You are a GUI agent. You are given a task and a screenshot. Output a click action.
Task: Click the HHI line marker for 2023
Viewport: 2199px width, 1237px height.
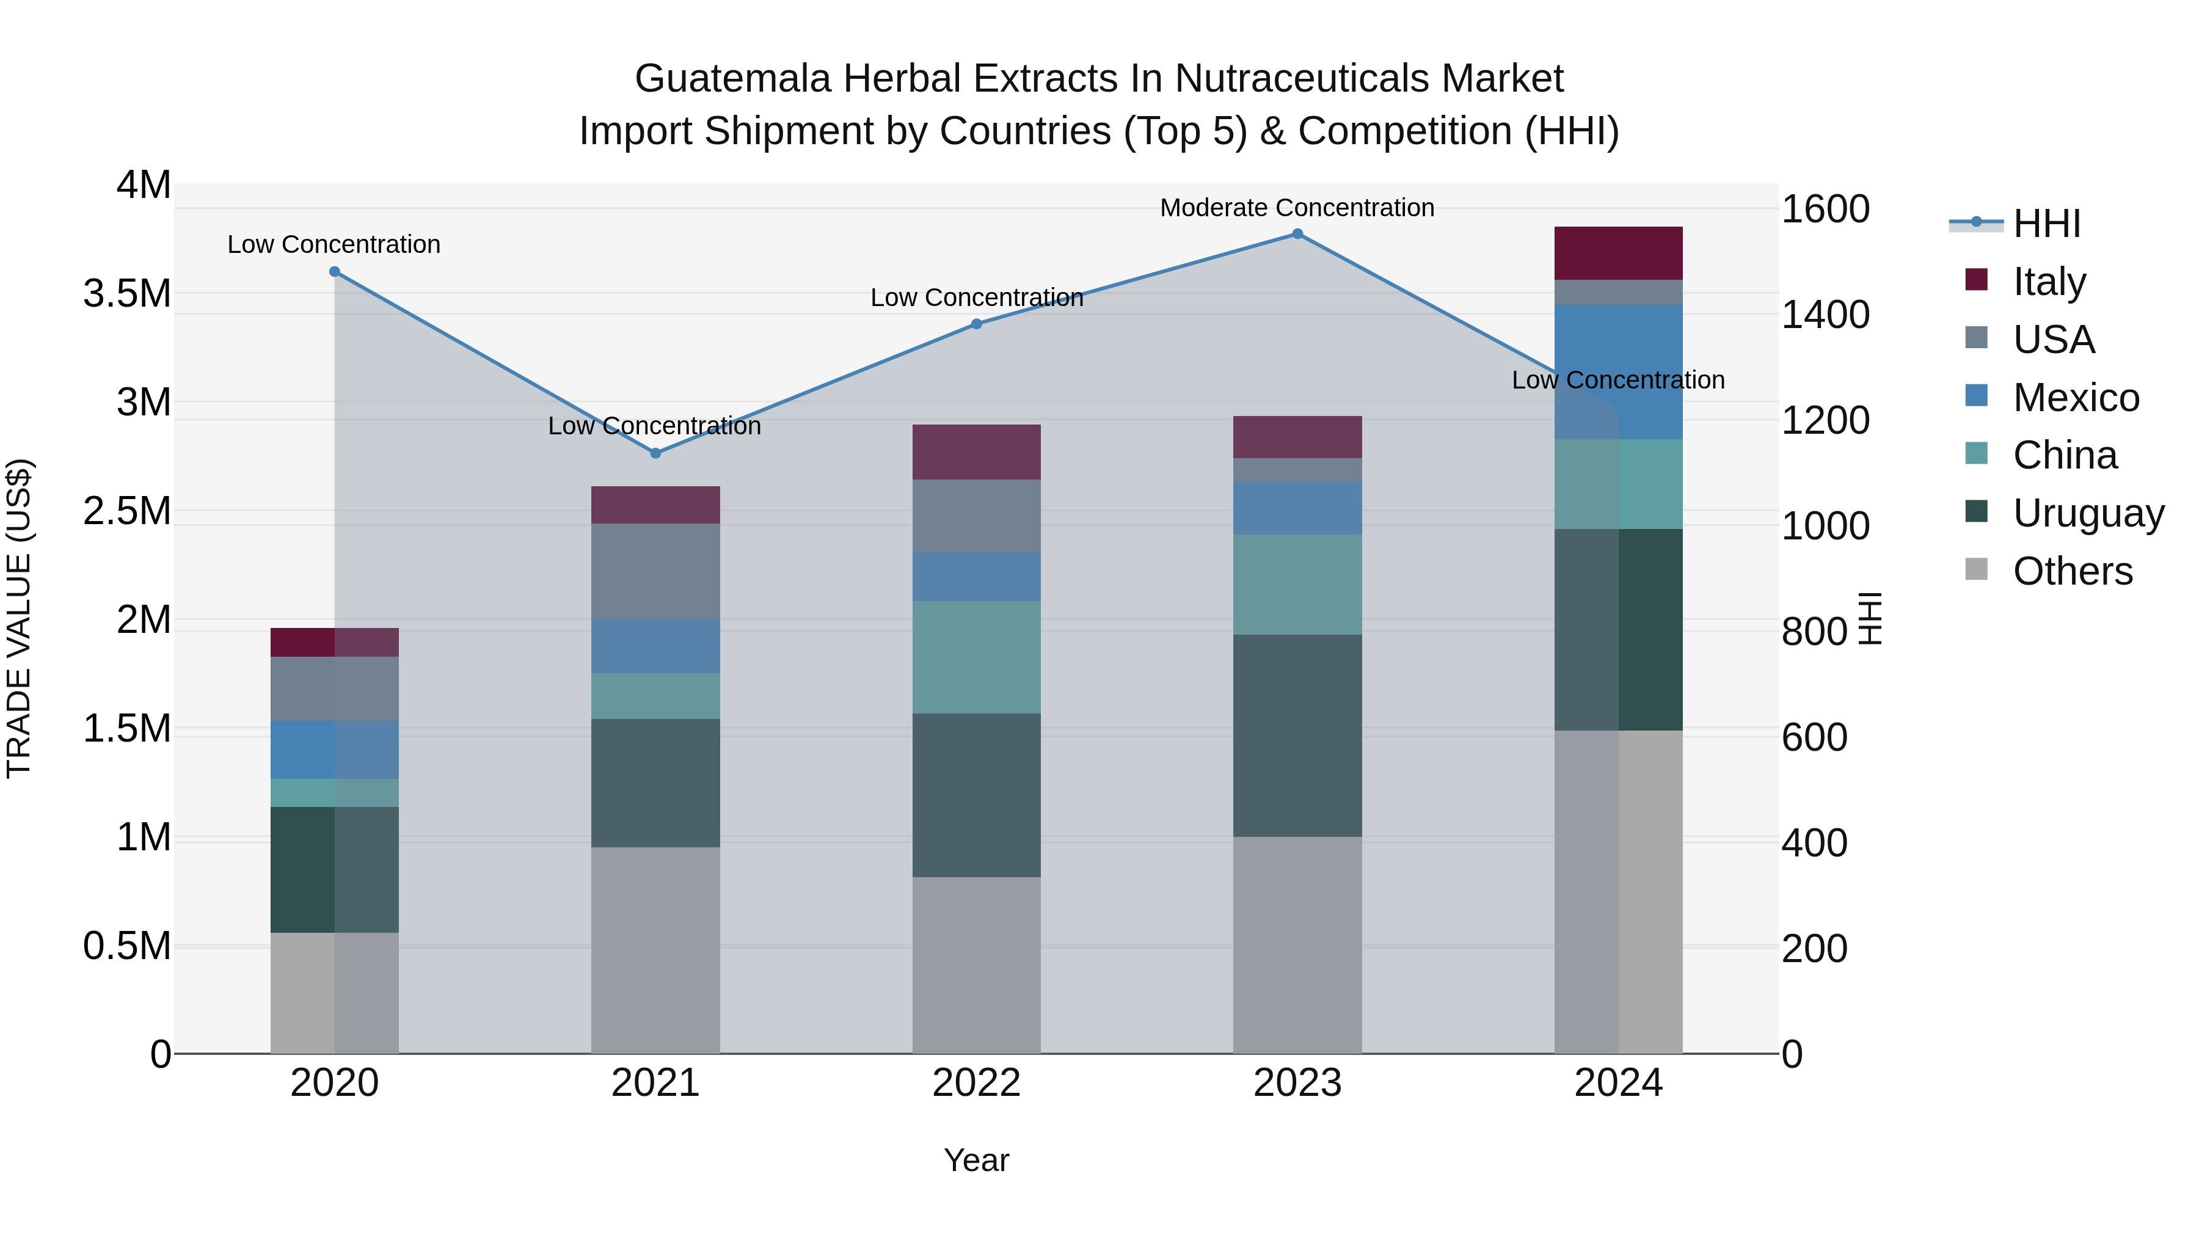point(1297,234)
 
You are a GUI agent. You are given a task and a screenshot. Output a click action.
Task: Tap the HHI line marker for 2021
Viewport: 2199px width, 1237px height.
point(655,453)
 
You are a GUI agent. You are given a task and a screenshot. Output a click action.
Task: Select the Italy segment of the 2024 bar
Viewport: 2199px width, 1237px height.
point(1617,254)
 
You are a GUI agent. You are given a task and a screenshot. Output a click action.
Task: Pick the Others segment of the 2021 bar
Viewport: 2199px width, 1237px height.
point(655,949)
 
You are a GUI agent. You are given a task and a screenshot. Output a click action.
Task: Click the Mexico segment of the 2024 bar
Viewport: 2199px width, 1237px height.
point(1617,371)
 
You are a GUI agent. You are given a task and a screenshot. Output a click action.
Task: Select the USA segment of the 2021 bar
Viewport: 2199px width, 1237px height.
point(655,571)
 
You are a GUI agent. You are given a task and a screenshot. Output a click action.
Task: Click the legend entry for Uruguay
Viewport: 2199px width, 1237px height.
point(2087,513)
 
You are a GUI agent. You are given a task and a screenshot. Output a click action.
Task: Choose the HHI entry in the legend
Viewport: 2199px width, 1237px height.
point(2046,224)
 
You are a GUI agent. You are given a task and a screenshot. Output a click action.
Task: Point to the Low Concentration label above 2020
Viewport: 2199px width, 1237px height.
point(334,244)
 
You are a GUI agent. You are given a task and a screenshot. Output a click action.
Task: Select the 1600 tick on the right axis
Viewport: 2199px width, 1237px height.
point(1825,209)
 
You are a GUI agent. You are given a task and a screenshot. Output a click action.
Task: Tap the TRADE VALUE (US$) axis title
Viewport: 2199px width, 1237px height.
point(19,618)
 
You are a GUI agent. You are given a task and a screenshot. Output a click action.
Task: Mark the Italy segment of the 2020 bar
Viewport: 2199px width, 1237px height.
point(334,642)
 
